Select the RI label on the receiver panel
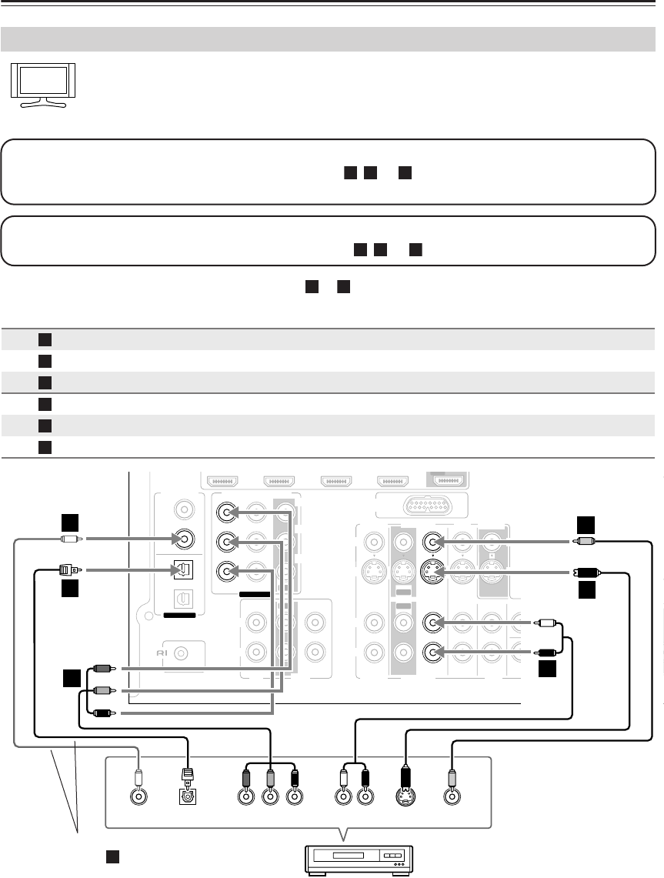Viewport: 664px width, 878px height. click(162, 653)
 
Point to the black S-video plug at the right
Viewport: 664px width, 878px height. click(587, 573)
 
